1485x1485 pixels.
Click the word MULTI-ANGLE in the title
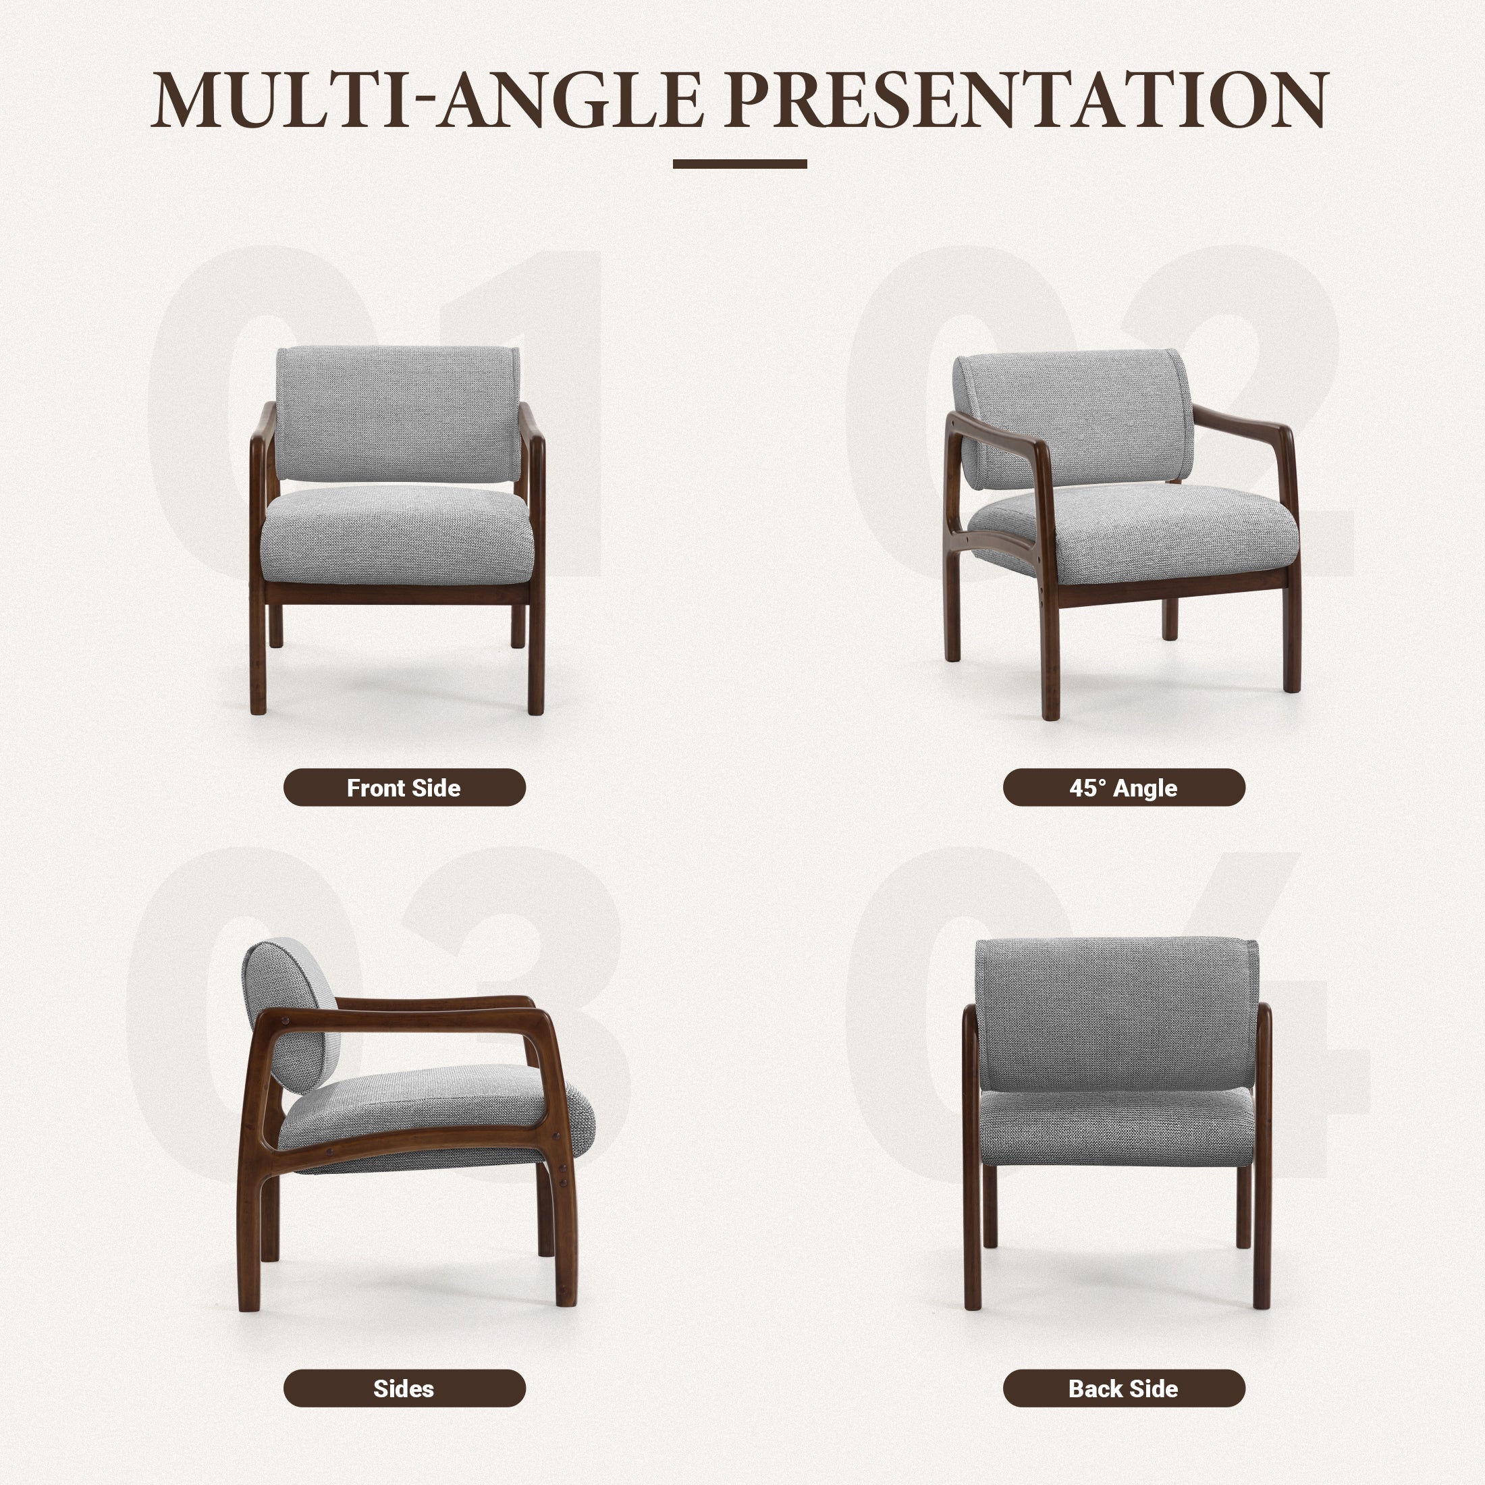[x=427, y=100]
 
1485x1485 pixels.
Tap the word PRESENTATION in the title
[x=1026, y=100]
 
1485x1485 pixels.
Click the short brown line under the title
[x=739, y=164]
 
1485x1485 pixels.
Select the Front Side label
[x=404, y=788]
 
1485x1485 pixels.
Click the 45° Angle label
[x=1123, y=788]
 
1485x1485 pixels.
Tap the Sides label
[x=404, y=1389]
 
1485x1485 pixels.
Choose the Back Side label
[x=1123, y=1389]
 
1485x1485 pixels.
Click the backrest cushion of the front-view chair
[x=398, y=414]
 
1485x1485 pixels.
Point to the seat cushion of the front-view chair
[x=398, y=534]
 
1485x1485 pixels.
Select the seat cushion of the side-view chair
[x=446, y=1107]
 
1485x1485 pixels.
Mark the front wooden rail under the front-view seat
[x=398, y=593]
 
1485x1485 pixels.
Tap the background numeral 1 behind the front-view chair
[x=565, y=323]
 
